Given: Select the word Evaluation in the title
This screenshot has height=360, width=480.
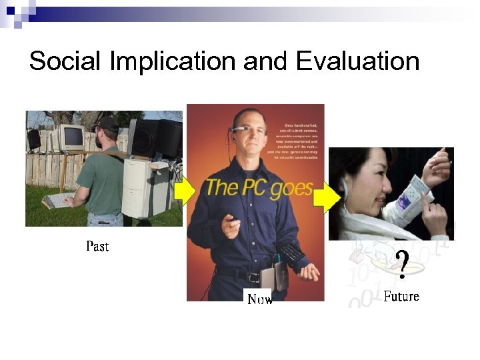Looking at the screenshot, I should [x=357, y=61].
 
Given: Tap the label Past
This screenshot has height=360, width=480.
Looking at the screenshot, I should [x=97, y=247].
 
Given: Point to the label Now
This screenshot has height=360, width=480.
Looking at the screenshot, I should [x=260, y=299].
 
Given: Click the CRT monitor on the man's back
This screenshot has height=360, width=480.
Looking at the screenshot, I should [x=69, y=138].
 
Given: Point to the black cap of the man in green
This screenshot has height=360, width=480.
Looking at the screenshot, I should [x=107, y=124].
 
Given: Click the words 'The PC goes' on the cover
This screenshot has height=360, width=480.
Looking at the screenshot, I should [x=259, y=187].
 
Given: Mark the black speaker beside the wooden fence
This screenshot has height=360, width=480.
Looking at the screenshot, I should [x=33, y=139].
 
